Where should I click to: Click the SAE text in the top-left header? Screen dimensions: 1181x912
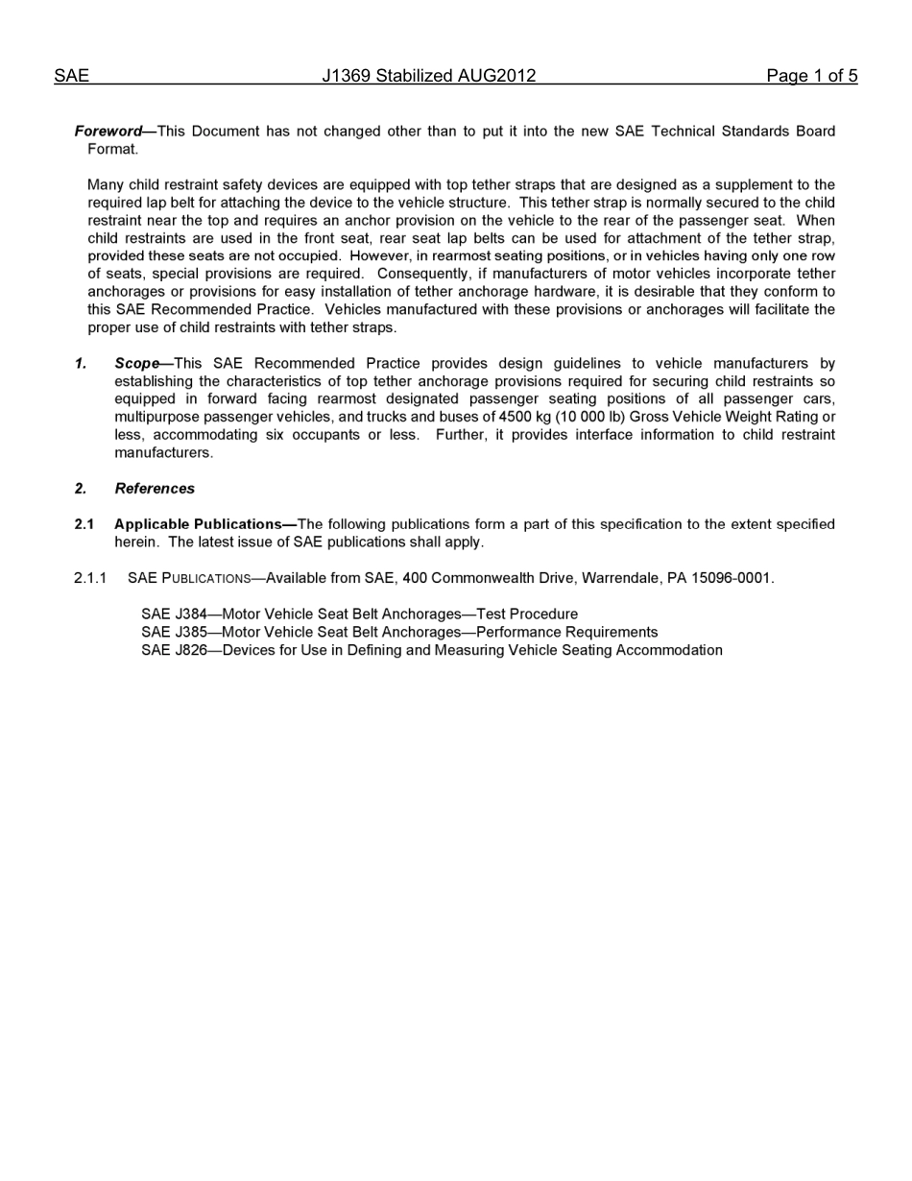pyautogui.click(x=71, y=76)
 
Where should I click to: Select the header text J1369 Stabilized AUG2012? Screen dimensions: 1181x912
pyautogui.click(x=428, y=76)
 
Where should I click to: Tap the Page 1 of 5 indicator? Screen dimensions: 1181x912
pyautogui.click(x=811, y=76)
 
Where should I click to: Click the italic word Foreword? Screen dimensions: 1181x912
pyautogui.click(x=108, y=132)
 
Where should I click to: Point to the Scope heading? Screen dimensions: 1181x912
pyautogui.click(x=137, y=364)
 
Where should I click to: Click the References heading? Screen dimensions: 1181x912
pyautogui.click(x=155, y=489)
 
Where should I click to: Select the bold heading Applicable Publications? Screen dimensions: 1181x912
pyautogui.click(x=198, y=524)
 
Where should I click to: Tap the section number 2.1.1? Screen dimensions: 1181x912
pyautogui.click(x=90, y=578)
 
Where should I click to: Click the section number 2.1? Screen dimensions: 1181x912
pyautogui.click(x=84, y=524)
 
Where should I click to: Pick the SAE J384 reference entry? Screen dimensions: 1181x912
pyautogui.click(x=359, y=615)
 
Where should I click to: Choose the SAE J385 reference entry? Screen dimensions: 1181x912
pyautogui.click(x=399, y=633)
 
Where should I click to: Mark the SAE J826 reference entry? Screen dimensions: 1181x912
pyautogui.click(x=431, y=651)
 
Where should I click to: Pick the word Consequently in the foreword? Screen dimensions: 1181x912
pyautogui.click(x=422, y=275)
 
